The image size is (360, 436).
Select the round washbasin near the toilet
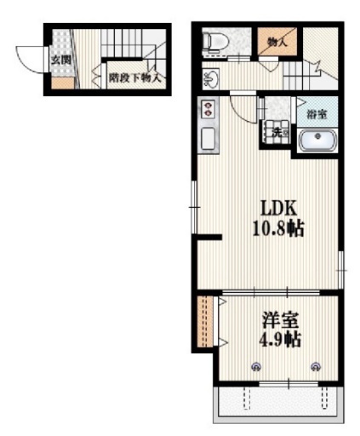212,79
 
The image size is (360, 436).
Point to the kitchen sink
208,139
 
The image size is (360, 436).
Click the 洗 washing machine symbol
277,132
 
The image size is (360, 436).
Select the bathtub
318,140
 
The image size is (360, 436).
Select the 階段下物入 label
135,76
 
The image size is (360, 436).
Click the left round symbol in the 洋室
256,366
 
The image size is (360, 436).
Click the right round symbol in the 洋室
317,366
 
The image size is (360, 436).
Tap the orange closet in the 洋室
203,321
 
